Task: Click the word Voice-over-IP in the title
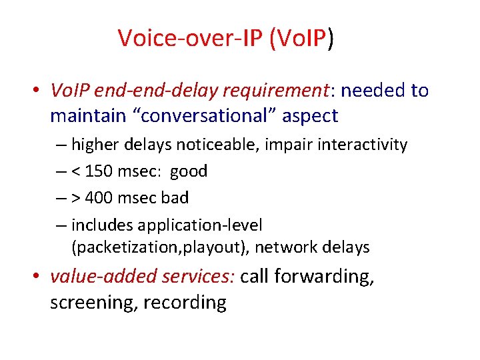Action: (x=191, y=39)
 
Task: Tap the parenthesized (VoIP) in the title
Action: (x=301, y=39)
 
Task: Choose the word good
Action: (x=189, y=171)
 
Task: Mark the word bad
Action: (x=175, y=198)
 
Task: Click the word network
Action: (x=286, y=248)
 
